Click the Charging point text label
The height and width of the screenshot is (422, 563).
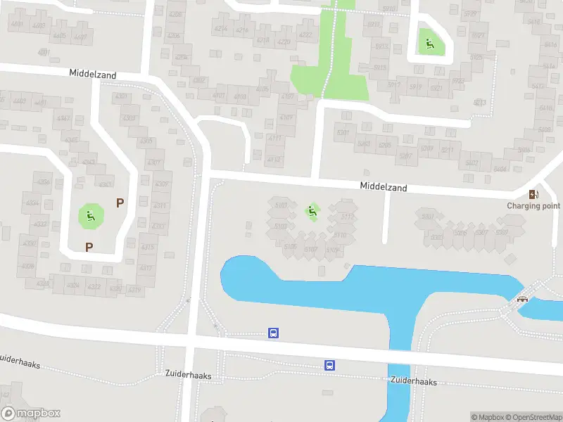coord(533,206)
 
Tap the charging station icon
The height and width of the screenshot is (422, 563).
coord(535,194)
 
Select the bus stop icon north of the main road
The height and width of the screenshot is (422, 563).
coord(274,333)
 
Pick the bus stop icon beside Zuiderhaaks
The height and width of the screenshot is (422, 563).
coord(329,365)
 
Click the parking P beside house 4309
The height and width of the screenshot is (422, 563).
coord(120,203)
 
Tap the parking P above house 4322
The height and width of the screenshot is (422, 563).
coord(89,247)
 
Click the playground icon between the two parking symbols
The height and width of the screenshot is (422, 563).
coord(89,215)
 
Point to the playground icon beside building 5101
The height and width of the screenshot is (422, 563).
coord(311,210)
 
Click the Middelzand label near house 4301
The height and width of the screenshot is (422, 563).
coord(93,74)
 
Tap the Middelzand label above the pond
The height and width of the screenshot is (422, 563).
coord(384,188)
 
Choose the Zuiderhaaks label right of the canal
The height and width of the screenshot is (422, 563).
coord(414,381)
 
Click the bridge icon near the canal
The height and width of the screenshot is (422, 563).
coord(523,298)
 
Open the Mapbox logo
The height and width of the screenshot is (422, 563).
coord(30,414)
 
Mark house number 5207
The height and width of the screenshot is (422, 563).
coord(406,155)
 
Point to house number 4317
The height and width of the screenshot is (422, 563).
coord(146,268)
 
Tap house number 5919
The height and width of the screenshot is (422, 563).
coord(415,88)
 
